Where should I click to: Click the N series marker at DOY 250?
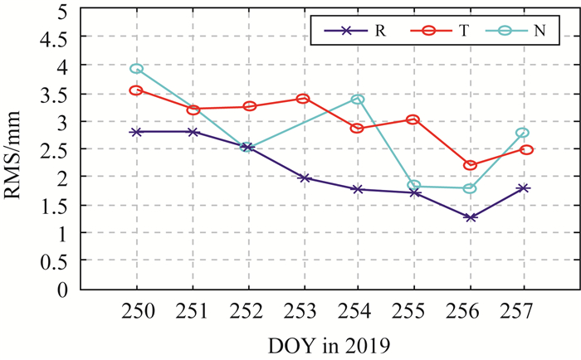tap(137, 69)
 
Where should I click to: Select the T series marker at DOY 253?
tap(302, 99)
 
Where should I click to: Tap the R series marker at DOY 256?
tap(470, 217)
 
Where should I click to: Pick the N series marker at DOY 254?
tap(358, 100)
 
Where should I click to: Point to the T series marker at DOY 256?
tap(470, 165)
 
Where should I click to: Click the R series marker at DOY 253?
tap(302, 178)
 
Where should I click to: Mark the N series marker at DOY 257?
tap(522, 133)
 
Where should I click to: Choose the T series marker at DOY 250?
tap(137, 90)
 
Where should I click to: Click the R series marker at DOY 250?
tap(137, 132)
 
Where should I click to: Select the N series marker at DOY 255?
tap(414, 186)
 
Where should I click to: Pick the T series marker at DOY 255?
tap(414, 119)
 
